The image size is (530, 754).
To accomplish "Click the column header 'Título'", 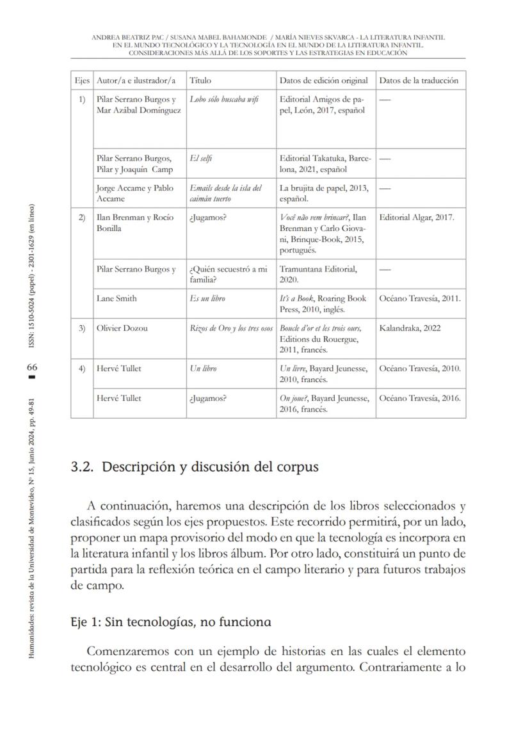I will pos(200,81).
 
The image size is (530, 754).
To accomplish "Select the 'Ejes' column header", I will pos(81,81).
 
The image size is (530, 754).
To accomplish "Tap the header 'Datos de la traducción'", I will pos(419,81).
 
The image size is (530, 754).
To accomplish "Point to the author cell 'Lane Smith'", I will pos(116,298).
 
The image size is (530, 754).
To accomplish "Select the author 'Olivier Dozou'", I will pos(122,328).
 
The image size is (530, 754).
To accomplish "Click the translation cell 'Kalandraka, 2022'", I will pos(409,328).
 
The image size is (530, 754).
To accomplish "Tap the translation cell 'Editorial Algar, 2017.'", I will pos(417,218).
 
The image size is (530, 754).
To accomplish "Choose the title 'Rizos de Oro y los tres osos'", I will pos(231,328).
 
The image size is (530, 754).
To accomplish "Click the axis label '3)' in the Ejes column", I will pos(81,328).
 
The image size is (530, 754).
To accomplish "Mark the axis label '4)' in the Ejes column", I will pos(81,368).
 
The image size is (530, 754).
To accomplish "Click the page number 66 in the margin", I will pos(32,367).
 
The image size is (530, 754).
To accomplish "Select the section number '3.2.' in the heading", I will pos(83,467).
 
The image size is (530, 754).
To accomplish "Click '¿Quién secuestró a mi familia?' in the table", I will pos(228,274).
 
